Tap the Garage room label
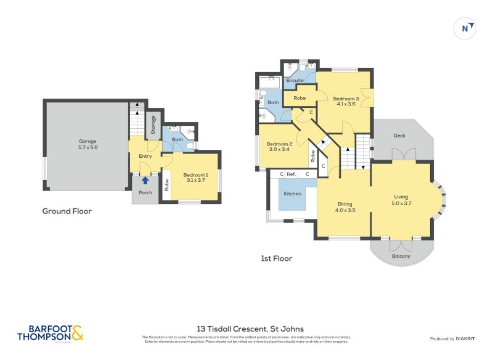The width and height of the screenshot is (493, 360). point(88,141)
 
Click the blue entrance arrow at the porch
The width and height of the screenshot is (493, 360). point(145,180)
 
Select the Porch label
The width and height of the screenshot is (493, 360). point(145,192)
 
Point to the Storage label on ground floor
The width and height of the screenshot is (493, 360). point(153,124)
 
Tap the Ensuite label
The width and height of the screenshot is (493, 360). point(295,81)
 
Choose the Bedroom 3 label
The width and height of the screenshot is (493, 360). point(346,99)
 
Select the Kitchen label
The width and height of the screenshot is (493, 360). point(292,194)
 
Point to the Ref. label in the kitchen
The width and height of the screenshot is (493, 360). point(291,174)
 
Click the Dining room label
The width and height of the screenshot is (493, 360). point(344,204)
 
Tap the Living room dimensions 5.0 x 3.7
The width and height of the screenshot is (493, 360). point(401,203)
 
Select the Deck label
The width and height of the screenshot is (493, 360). point(399,136)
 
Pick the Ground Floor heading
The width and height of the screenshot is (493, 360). point(67,211)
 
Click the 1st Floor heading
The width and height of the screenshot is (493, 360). point(276,258)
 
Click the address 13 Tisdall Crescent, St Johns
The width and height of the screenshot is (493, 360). point(246,329)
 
